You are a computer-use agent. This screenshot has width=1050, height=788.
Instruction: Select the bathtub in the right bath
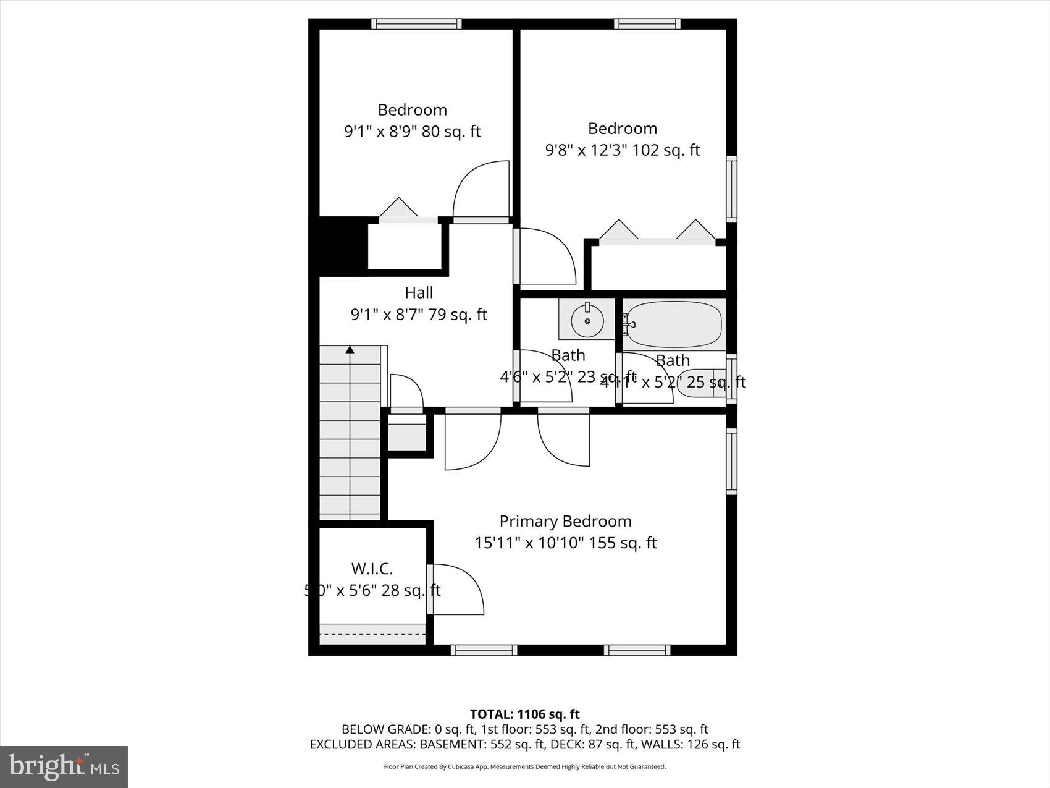point(674,324)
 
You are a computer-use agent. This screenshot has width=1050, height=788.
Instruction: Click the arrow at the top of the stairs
point(350,350)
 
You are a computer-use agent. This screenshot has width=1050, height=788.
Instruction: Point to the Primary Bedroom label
point(565,521)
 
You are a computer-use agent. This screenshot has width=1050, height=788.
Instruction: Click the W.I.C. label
point(372,568)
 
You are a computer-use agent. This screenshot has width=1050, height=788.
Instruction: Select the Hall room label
point(419,292)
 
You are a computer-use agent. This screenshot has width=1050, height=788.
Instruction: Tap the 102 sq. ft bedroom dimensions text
point(623,150)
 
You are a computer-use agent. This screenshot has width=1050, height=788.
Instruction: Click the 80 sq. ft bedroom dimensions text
point(412,132)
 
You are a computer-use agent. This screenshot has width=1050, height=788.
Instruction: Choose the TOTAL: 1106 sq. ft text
point(524,714)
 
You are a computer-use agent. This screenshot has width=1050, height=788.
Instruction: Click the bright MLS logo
point(64,767)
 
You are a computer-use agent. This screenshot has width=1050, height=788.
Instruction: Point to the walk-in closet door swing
point(457,590)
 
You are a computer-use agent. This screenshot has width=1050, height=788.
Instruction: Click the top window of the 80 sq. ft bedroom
point(416,24)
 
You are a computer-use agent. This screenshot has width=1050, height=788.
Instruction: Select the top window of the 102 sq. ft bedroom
point(647,24)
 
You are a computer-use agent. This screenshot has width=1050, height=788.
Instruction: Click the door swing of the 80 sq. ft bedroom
point(481,190)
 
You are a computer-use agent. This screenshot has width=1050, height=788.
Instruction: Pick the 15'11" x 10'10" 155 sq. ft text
point(565,543)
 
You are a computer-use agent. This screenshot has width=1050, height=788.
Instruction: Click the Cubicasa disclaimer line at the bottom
point(524,767)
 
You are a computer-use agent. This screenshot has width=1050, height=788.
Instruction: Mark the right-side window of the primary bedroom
point(731,461)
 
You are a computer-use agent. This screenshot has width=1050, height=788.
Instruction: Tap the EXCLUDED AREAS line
point(524,745)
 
